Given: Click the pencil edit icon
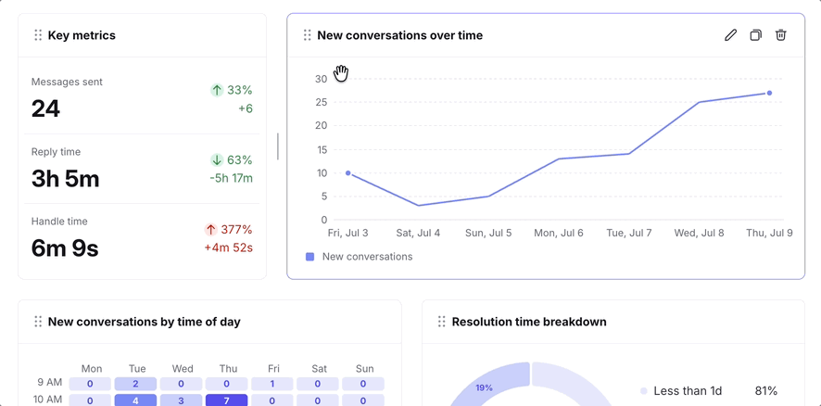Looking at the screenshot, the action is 730,35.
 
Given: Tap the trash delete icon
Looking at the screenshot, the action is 780,35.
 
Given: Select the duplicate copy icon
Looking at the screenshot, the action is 755,35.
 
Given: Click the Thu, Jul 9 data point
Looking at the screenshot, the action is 769,93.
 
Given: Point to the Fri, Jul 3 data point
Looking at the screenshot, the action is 348,173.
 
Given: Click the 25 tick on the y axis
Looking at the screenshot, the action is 321,102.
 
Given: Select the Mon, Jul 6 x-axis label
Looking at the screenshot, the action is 559,233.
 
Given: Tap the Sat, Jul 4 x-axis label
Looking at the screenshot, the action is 418,233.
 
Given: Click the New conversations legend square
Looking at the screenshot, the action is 310,257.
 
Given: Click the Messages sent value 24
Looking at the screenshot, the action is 45,109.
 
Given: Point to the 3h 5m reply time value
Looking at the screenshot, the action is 66,179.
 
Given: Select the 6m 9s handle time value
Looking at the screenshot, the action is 65,248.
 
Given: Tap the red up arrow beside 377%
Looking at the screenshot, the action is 211,230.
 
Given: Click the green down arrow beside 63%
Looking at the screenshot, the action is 217,159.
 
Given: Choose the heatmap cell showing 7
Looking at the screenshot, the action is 227,400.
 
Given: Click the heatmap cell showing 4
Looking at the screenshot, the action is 135,400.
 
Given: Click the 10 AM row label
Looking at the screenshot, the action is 47,400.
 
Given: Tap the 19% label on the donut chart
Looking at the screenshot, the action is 485,387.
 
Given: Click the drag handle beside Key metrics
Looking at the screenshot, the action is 38,35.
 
